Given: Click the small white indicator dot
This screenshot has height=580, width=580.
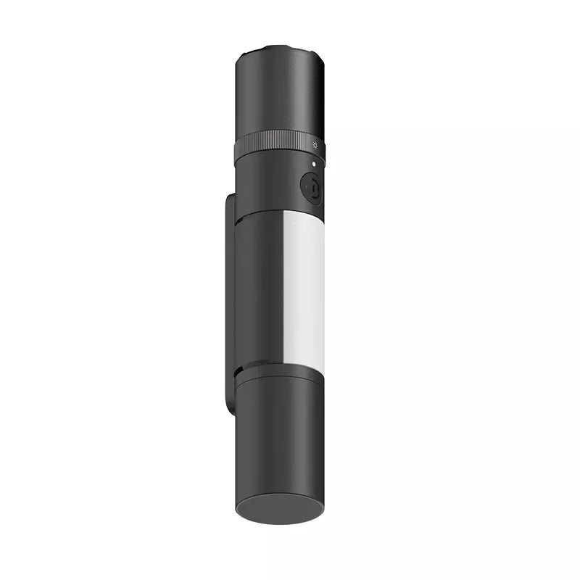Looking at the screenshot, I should click(313, 165).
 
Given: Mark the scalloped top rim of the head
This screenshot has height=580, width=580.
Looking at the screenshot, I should click(280, 51).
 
